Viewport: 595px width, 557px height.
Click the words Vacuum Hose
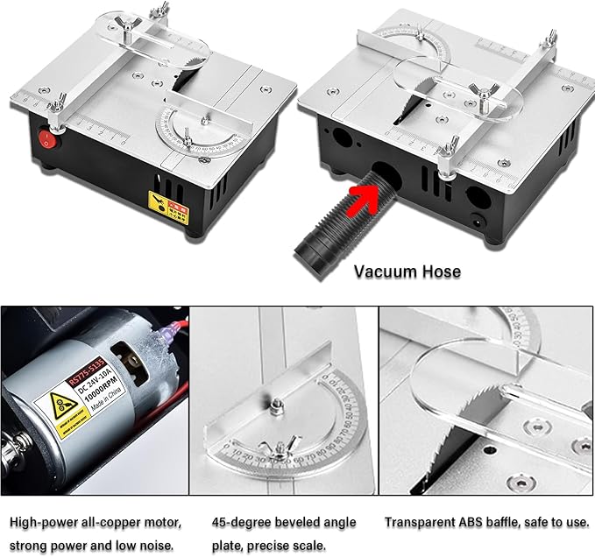(x=407, y=271)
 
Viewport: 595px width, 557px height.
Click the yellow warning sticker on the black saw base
(x=163, y=206)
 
